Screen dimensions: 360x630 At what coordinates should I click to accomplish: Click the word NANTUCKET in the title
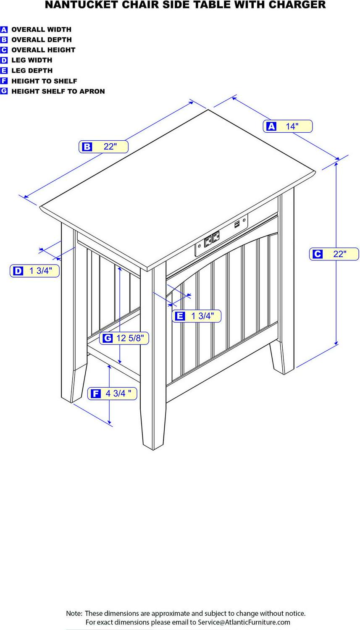(x=78, y=5)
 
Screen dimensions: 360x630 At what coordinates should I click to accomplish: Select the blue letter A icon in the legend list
(x=4, y=29)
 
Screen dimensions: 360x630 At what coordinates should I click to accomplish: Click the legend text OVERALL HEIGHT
(x=43, y=50)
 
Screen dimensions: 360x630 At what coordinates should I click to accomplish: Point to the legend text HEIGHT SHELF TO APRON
(x=58, y=92)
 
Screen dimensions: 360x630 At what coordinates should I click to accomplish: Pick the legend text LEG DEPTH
(x=32, y=71)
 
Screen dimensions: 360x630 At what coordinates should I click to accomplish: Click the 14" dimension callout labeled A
(x=287, y=126)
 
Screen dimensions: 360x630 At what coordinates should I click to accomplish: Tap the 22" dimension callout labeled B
(x=103, y=147)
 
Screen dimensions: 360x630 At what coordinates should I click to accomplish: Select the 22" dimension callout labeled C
(x=334, y=254)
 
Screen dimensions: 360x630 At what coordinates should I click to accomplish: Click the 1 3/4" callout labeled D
(x=34, y=271)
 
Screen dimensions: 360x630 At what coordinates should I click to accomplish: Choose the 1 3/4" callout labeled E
(x=196, y=316)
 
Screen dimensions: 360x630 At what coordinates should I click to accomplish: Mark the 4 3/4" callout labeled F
(x=112, y=394)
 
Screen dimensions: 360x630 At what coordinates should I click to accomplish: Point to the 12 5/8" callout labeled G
(x=124, y=338)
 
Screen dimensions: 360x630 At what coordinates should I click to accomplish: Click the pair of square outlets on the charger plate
(x=211, y=240)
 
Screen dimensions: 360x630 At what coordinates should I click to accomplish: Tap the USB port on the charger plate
(x=237, y=224)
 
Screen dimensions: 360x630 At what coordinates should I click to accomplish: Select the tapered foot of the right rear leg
(x=279, y=359)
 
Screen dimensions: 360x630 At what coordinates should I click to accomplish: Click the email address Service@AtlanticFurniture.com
(x=244, y=622)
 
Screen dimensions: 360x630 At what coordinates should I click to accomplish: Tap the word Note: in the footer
(x=74, y=613)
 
